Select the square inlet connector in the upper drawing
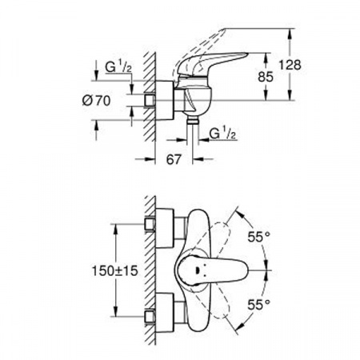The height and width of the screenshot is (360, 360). tap(149, 102)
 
